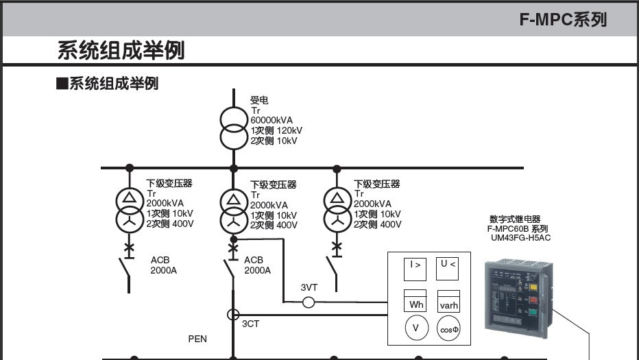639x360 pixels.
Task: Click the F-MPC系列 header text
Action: pyautogui.click(x=562, y=19)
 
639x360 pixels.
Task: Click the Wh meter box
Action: pyautogui.click(x=416, y=302)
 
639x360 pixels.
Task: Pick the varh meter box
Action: pyautogui.click(x=448, y=302)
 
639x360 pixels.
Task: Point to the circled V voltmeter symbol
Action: pyautogui.click(x=415, y=328)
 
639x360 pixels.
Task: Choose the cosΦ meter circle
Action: pyautogui.click(x=448, y=329)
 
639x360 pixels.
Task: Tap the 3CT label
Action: pyautogui.click(x=250, y=324)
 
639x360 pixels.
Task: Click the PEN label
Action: pyautogui.click(x=197, y=339)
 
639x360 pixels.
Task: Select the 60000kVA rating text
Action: pyautogui.click(x=272, y=120)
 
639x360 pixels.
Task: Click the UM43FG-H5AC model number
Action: pyautogui.click(x=520, y=238)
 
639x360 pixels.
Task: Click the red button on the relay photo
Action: pyautogui.click(x=532, y=300)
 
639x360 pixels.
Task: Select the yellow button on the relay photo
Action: pyautogui.click(x=532, y=287)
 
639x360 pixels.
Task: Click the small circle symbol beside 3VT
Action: pyautogui.click(x=309, y=302)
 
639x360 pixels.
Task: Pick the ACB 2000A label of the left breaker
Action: pyautogui.click(x=163, y=265)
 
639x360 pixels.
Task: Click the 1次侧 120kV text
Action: pyautogui.click(x=276, y=130)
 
